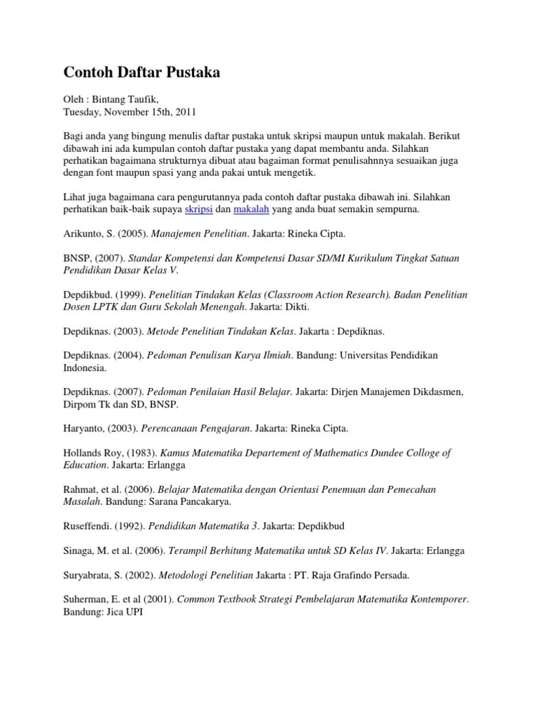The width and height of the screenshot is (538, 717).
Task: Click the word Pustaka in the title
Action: point(191,73)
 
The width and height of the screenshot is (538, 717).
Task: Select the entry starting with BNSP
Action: point(76,258)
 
